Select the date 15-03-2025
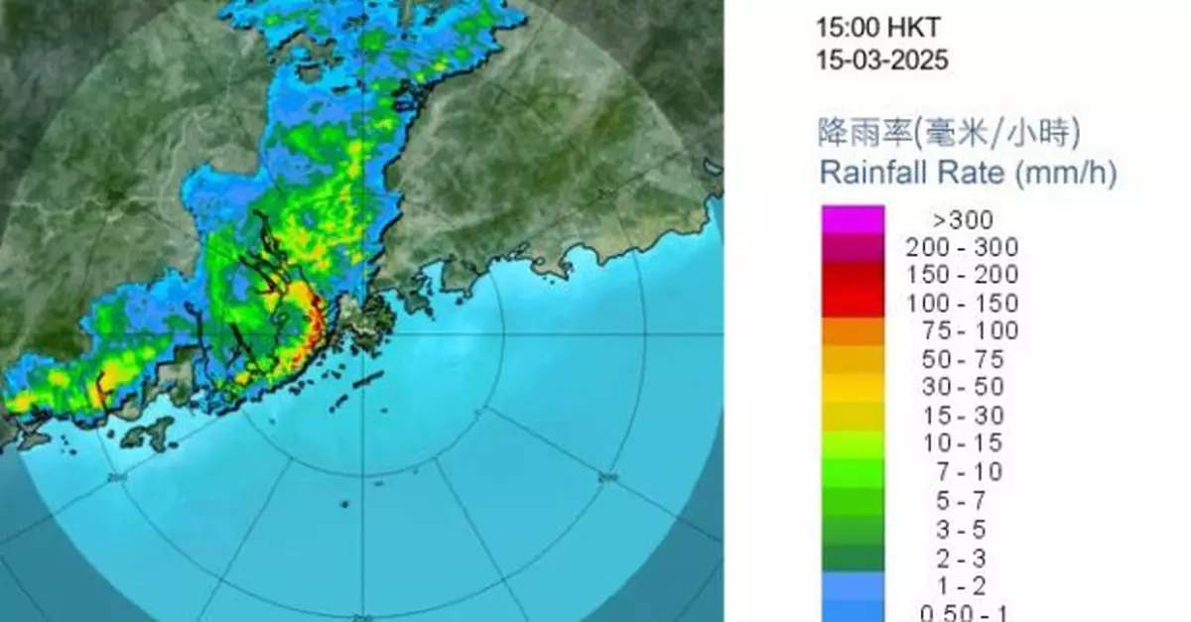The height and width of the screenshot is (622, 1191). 881,60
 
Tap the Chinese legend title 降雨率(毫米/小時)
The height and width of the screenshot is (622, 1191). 949,132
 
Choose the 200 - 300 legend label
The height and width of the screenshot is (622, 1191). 962,248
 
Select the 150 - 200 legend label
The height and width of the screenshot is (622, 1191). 962,276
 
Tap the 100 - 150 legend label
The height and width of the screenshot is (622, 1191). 962,304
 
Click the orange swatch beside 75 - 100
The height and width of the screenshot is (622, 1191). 852,331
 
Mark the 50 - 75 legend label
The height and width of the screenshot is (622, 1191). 962,359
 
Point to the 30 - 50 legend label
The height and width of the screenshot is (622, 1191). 962,387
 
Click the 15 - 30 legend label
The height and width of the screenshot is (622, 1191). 962,416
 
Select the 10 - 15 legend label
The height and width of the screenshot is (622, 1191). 962,443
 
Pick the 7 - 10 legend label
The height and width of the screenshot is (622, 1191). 962,471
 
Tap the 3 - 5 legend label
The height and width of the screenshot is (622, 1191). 962,528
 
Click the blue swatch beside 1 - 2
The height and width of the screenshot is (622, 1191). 852,584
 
